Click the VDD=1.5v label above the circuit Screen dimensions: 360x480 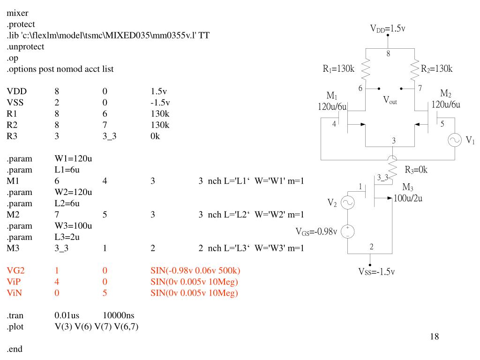click(388, 29)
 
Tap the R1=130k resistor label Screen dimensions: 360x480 click(338, 69)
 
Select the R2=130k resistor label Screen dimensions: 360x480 click(436, 69)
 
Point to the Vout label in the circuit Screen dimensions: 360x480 click(390, 100)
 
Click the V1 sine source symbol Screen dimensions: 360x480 click(455, 141)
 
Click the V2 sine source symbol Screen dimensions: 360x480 click(348, 202)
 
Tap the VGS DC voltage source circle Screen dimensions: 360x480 click(348, 231)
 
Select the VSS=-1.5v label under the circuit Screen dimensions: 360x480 click(376, 272)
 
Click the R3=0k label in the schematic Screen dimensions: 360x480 click(416, 170)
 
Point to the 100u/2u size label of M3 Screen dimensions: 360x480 click(408, 198)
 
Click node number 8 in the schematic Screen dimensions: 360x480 click(388, 53)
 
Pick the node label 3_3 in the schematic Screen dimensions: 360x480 click(382, 177)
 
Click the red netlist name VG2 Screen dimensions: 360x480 click(16, 271)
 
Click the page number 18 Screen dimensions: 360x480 click(434, 337)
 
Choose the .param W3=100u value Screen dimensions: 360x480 click(73, 226)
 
